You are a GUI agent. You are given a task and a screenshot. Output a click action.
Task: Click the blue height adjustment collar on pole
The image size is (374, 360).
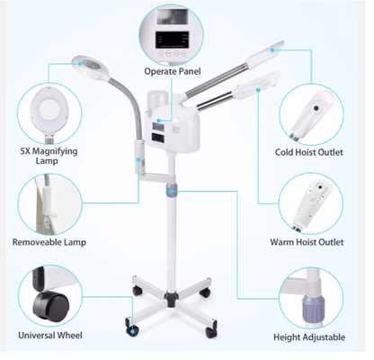click(x=171, y=190)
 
